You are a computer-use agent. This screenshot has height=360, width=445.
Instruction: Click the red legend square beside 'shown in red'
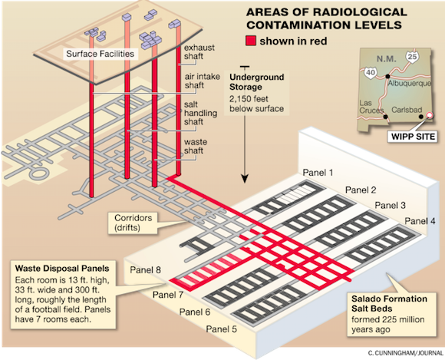[x=251, y=41]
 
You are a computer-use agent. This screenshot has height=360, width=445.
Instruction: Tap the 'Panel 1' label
[x=318, y=173]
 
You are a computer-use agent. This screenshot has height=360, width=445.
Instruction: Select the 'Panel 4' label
[x=420, y=220]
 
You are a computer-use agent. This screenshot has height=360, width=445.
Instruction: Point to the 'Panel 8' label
[x=145, y=269]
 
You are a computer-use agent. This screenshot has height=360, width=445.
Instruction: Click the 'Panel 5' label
[x=222, y=329]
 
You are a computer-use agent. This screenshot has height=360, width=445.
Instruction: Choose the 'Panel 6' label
[x=195, y=312]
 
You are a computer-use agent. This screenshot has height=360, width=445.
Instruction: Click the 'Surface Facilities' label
[x=101, y=54]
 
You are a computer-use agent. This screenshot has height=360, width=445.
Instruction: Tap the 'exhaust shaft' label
[x=199, y=51]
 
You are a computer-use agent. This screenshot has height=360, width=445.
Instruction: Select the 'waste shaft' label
[x=196, y=146]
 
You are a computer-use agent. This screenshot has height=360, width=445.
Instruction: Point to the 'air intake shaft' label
[x=203, y=81]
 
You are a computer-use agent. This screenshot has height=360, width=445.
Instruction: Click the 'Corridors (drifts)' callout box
[x=133, y=223]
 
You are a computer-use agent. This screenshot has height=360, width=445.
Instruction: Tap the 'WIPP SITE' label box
[x=413, y=137]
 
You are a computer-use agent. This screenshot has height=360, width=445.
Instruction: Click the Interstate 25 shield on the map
[x=412, y=56]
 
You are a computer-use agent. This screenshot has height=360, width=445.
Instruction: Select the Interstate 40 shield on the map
[x=371, y=72]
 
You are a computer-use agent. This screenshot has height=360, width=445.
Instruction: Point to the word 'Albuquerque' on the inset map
[x=409, y=84]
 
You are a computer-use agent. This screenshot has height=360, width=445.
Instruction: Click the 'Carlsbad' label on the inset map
[x=407, y=110]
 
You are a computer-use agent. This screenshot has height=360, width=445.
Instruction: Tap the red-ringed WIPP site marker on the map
[x=430, y=115]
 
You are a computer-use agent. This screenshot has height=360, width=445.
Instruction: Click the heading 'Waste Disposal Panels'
[x=62, y=269]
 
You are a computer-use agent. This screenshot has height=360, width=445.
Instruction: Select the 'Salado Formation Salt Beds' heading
[x=389, y=303]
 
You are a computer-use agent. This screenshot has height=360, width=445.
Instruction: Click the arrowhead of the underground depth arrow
[x=245, y=179]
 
